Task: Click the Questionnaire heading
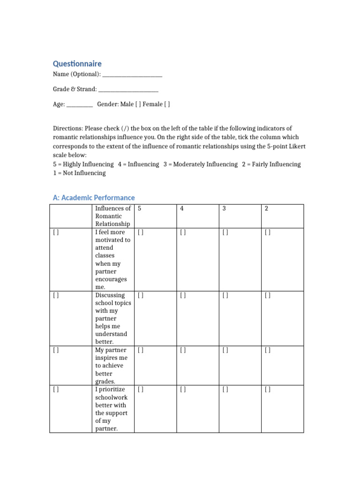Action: coord(77,64)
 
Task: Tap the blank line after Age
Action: coord(80,105)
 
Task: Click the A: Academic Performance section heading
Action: coord(94,198)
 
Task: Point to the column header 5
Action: coord(140,209)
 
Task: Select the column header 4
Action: coord(181,209)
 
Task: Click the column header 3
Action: coord(224,209)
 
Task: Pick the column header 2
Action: coord(266,209)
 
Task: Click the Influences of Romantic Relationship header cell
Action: coord(113,216)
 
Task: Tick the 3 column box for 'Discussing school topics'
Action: coord(225,295)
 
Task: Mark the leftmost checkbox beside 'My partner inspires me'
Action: coord(56,350)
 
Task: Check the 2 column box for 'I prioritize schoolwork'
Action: coord(268,390)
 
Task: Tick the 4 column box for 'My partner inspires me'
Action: coord(183,350)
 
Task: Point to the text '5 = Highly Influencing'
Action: coord(83,165)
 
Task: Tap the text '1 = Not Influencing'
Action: coord(79,173)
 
